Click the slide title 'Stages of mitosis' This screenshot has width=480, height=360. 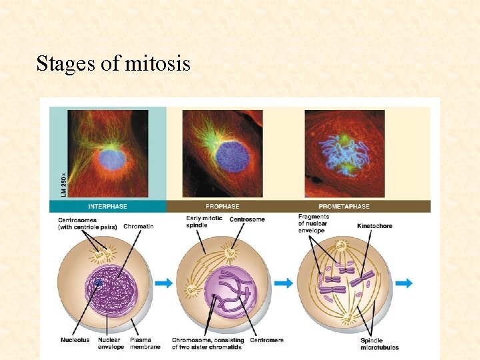(113, 64)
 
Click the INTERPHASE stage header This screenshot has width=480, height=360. (107, 207)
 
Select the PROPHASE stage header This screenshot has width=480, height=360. (222, 207)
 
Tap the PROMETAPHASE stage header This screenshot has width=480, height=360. (343, 207)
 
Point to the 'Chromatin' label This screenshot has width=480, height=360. (138, 227)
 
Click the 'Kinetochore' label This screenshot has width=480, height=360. (375, 226)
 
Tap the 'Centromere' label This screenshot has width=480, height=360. (266, 340)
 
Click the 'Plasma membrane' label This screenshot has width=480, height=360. (145, 343)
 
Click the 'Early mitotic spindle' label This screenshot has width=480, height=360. (205, 222)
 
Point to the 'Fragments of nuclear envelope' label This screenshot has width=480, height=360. (313, 224)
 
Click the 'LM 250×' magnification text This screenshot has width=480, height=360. (55, 180)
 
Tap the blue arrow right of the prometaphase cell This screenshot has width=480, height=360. (403, 283)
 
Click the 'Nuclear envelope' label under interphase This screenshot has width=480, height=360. (111, 343)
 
